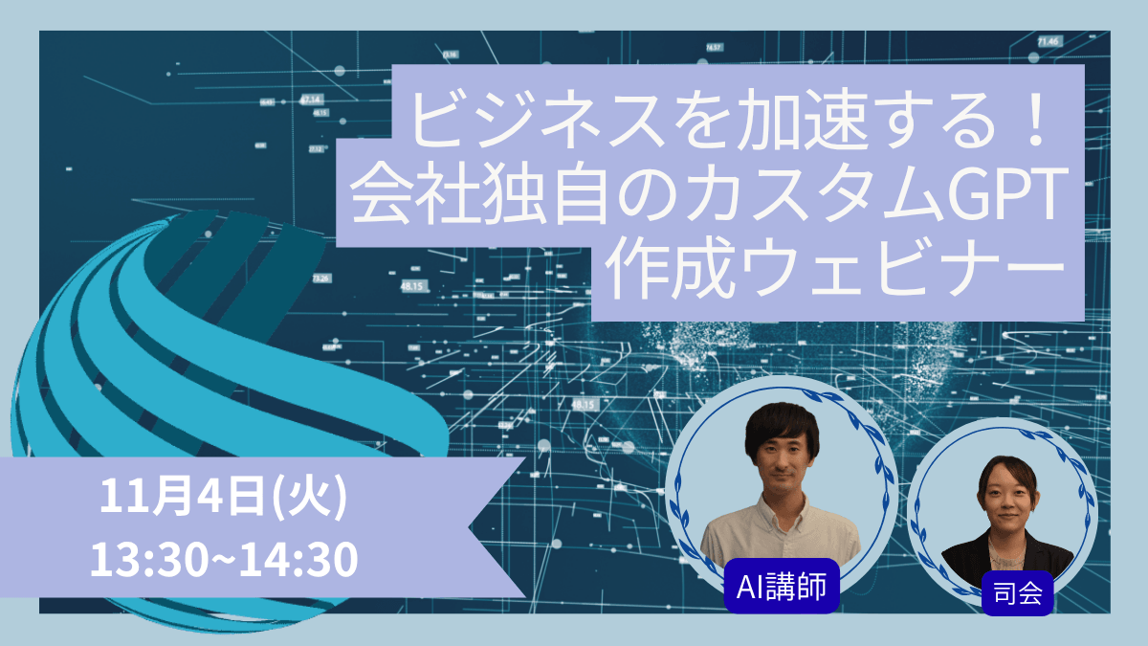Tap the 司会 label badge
pos(1018,597)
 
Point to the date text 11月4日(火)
pos(222,499)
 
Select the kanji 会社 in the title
pos(420,194)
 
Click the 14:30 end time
pos(298,559)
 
